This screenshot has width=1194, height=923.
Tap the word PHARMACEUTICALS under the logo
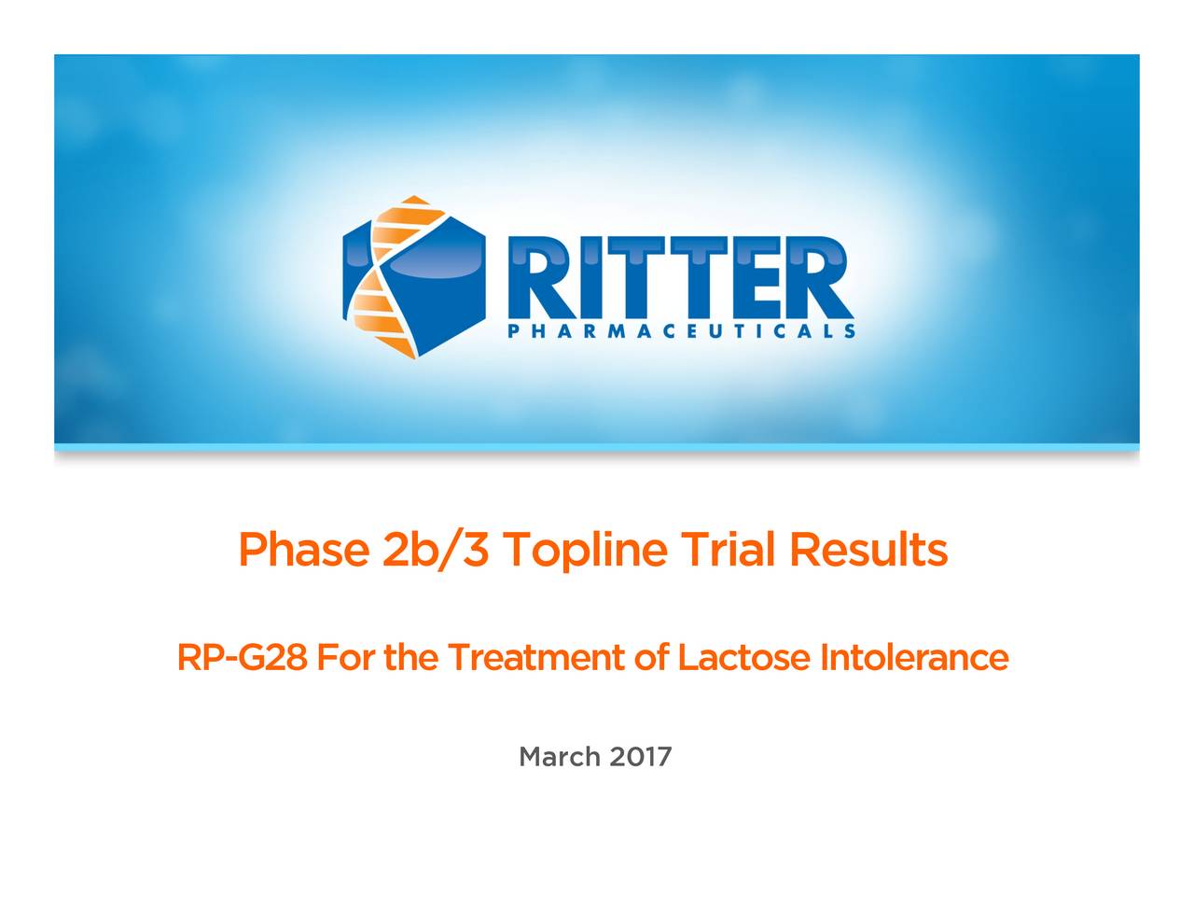pyautogui.click(x=680, y=331)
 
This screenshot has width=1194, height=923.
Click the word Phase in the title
pyautogui.click(x=302, y=551)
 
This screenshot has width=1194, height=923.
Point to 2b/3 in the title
pyautogui.click(x=436, y=551)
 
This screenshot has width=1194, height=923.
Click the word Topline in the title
pyautogui.click(x=586, y=551)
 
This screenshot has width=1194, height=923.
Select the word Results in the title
pyautogui.click(x=868, y=551)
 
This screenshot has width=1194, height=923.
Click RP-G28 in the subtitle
pyautogui.click(x=242, y=659)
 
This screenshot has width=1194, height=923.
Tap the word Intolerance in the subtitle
pyautogui.click(x=914, y=659)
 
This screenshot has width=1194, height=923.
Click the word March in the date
pyautogui.click(x=560, y=756)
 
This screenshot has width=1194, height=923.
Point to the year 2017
pyautogui.click(x=641, y=756)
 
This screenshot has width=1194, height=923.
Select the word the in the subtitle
pyautogui.click(x=410, y=659)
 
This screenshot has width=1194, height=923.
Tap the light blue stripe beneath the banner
pyautogui.click(x=597, y=448)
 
